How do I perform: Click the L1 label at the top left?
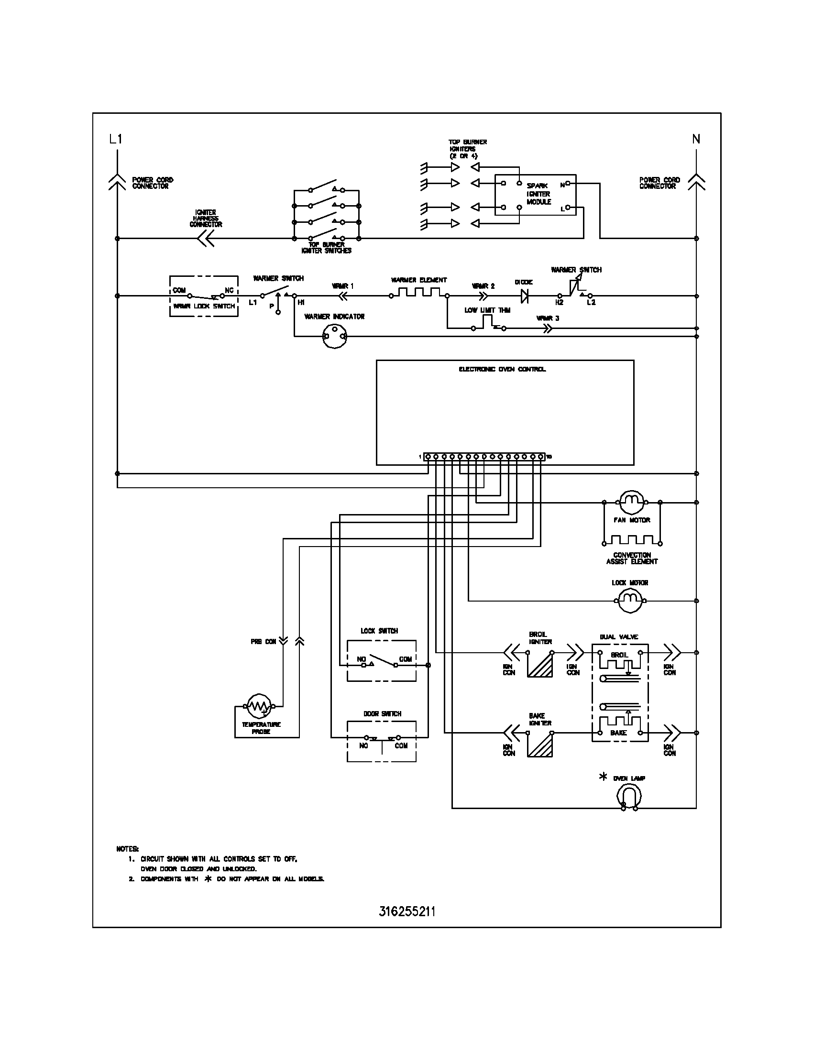pos(116,140)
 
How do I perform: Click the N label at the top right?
pos(696,140)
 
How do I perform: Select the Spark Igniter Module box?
pos(535,195)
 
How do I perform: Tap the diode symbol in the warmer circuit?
pos(525,296)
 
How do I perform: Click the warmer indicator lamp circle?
pos(334,336)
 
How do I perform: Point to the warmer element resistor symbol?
pos(418,292)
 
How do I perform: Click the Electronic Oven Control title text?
pos(502,370)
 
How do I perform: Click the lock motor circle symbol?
pos(630,601)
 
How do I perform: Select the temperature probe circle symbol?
pos(259,706)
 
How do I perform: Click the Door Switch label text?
pos(382,714)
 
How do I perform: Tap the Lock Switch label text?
pos(379,631)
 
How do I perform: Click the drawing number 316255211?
pos(407,911)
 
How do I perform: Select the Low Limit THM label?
pos(487,310)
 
